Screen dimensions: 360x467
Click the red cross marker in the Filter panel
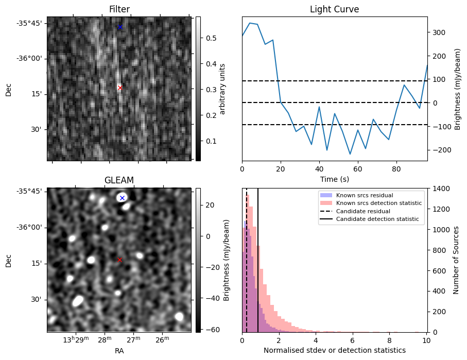point(120,88)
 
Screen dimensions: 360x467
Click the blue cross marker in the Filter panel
point(120,27)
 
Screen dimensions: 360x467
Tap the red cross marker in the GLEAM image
point(120,260)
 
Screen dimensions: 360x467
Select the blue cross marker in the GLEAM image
point(122,198)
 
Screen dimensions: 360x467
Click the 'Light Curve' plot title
point(334,9)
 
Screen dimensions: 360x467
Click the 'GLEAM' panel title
point(119,180)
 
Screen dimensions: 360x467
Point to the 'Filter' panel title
point(119,9)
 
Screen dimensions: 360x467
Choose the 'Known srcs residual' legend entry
point(364,196)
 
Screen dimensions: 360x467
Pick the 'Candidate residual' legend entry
point(363,212)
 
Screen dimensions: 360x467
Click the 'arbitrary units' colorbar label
point(222,89)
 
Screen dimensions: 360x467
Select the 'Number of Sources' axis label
point(456,260)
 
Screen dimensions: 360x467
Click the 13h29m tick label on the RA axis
point(75,340)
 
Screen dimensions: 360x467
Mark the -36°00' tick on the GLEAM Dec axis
point(31,228)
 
